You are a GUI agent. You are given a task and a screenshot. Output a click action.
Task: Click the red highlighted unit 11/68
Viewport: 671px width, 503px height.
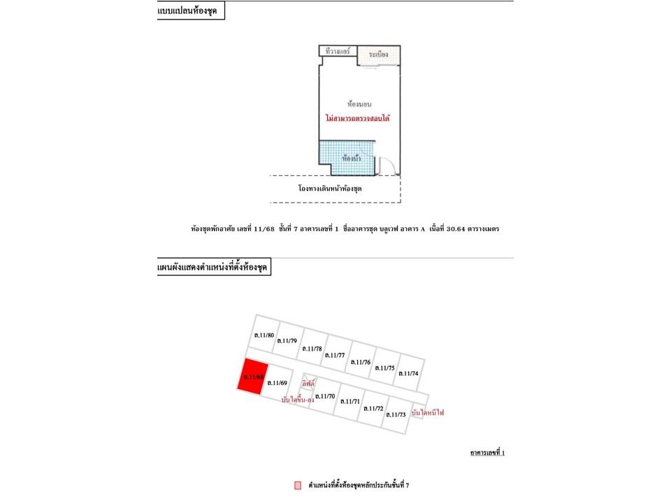pos(253,378)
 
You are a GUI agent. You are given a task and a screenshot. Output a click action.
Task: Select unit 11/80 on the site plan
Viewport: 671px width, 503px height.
pos(264,335)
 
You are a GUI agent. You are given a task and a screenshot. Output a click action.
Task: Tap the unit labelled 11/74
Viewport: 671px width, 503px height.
pos(408,373)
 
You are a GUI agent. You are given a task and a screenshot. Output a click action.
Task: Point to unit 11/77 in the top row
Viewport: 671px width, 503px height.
pos(335,355)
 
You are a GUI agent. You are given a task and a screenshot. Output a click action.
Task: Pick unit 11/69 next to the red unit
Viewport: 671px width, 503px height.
pos(277,382)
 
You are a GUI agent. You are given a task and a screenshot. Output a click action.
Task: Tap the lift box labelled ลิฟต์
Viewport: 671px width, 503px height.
pos(308,384)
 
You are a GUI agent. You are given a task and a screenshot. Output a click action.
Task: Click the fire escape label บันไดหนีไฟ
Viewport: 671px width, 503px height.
pos(428,413)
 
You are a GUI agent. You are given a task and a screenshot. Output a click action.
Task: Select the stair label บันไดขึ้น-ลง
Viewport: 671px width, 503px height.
pos(297,400)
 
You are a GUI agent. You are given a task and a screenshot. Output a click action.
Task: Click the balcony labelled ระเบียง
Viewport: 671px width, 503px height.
pos(379,54)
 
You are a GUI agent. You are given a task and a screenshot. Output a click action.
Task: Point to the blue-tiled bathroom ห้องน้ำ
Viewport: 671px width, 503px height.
pos(345,157)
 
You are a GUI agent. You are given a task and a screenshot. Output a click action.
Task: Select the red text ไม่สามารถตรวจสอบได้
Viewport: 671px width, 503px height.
pos(357,119)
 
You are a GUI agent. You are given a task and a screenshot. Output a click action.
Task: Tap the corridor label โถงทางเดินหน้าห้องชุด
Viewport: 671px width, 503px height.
pos(330,189)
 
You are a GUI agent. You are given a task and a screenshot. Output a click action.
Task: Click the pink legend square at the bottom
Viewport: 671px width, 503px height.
pos(298,485)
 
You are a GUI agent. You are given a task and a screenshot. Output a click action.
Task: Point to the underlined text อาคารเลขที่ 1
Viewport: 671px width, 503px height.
pos(487,453)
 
